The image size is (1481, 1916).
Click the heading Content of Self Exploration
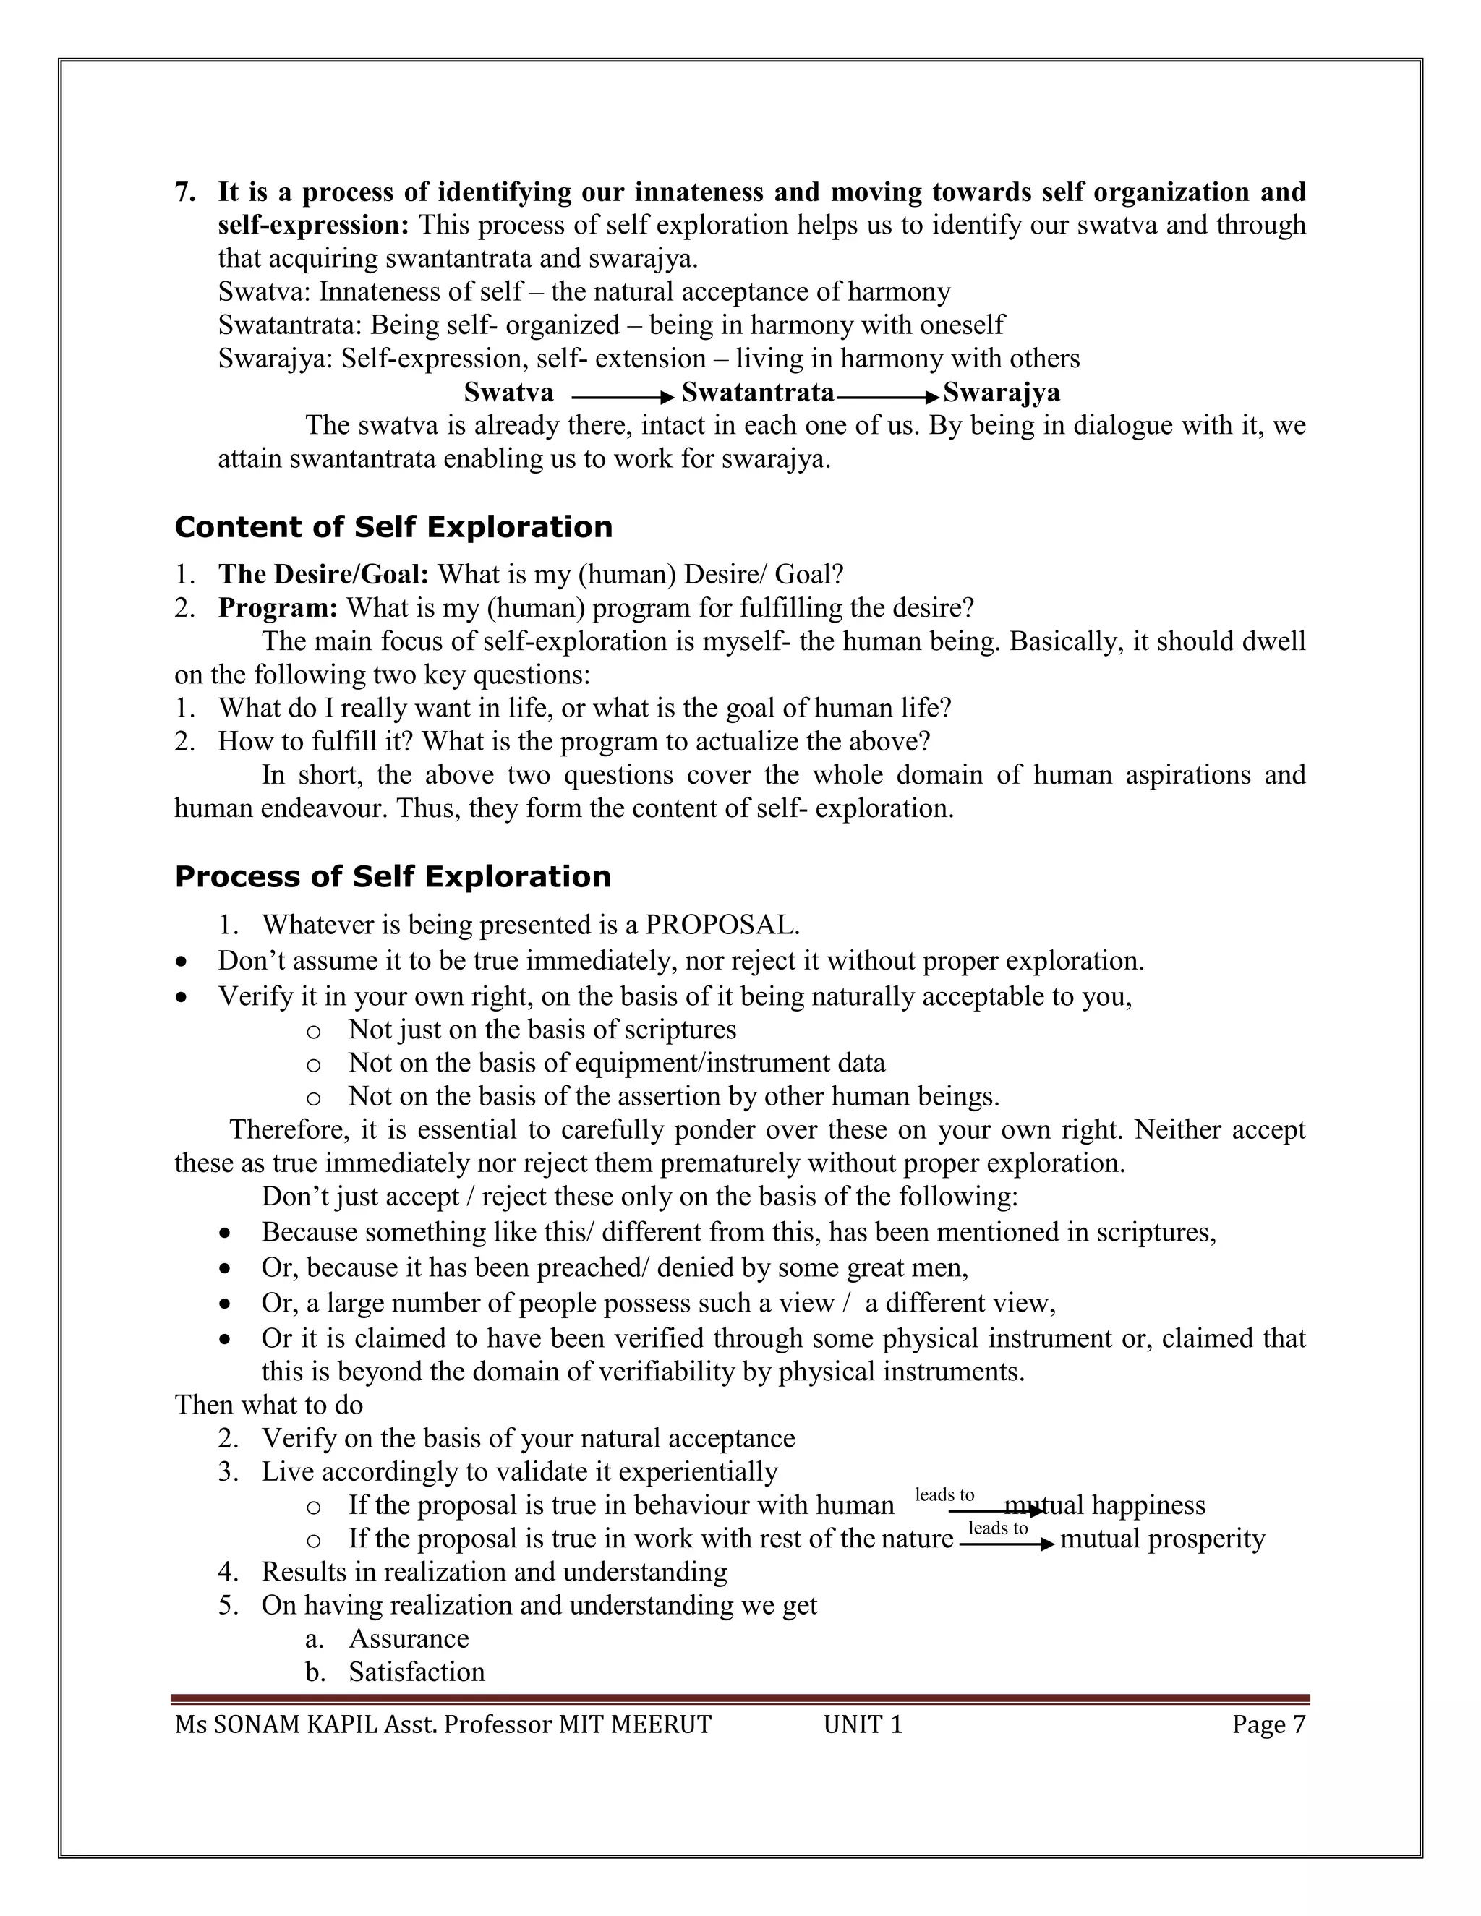393,527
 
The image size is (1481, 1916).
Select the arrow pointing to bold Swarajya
887,398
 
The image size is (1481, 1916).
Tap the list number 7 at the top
184,192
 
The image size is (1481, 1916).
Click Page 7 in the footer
1268,1724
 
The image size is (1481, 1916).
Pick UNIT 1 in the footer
863,1724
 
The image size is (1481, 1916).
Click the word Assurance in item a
409,1639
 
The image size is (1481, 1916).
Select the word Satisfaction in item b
417,1672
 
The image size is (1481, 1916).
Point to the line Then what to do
268,1405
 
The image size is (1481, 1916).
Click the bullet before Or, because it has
226,1269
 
